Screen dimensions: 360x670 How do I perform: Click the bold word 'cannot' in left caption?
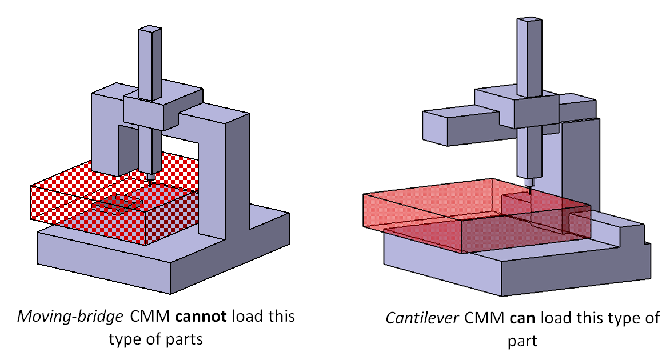point(205,316)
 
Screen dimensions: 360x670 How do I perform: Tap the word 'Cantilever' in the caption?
point(416,318)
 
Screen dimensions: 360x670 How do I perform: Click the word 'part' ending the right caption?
point(523,342)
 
